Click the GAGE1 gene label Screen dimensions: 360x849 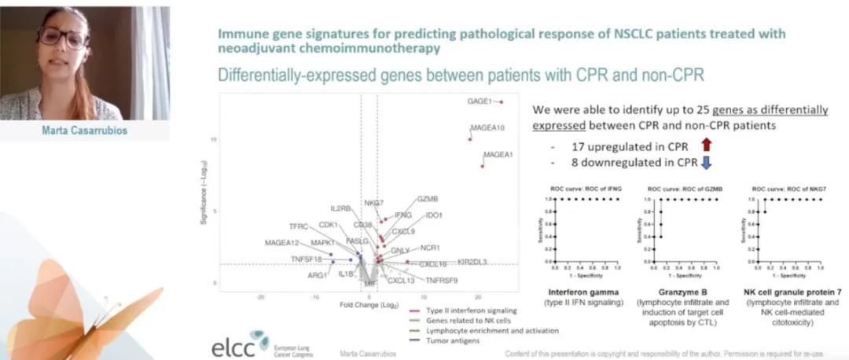click(479, 101)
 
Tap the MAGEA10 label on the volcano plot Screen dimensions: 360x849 click(487, 127)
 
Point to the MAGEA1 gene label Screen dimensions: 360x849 click(498, 154)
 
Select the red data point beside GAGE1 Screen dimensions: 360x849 click(500, 101)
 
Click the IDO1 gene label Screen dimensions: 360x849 click(434, 215)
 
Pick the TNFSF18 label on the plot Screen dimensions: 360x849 click(306, 259)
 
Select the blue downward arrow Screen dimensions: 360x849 click(705, 163)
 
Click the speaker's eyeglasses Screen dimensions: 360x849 click(64, 37)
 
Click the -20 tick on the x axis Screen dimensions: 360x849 click(260, 296)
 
